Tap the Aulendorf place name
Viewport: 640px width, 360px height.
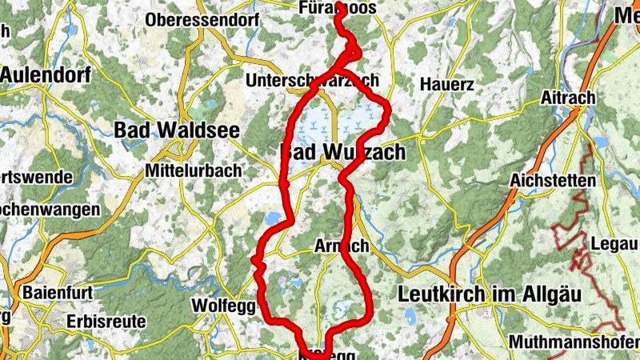[46, 75]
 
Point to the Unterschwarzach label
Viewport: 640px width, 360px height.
[312, 82]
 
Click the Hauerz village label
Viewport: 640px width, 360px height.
[447, 84]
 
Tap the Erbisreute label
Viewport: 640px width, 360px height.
[106, 321]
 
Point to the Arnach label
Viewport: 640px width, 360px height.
[342, 245]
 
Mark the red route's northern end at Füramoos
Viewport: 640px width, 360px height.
[339, 8]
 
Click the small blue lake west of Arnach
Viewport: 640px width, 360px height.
[272, 218]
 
